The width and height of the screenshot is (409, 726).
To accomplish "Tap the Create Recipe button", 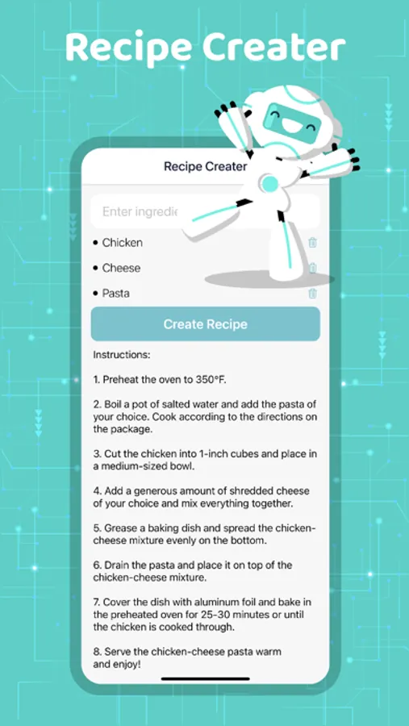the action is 205,324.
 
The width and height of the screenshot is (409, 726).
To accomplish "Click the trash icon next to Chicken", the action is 313,242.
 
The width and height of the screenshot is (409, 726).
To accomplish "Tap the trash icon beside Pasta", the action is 313,293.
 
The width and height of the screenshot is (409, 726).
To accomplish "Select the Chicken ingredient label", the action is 123,243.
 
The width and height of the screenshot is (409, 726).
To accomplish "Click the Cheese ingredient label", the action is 121,268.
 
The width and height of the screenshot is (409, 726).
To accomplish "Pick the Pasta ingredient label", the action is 116,294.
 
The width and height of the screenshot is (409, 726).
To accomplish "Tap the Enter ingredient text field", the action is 139,211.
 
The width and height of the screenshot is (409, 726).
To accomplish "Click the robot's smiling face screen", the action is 292,119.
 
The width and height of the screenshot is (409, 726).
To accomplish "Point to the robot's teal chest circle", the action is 269,184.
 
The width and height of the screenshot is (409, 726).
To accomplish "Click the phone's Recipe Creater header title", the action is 205,166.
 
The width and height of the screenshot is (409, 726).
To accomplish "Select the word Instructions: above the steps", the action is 122,355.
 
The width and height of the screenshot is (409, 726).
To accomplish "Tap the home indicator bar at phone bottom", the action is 205,678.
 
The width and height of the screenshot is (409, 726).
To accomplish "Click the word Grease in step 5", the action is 119,528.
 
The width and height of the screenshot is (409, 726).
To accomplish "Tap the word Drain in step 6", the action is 116,565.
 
